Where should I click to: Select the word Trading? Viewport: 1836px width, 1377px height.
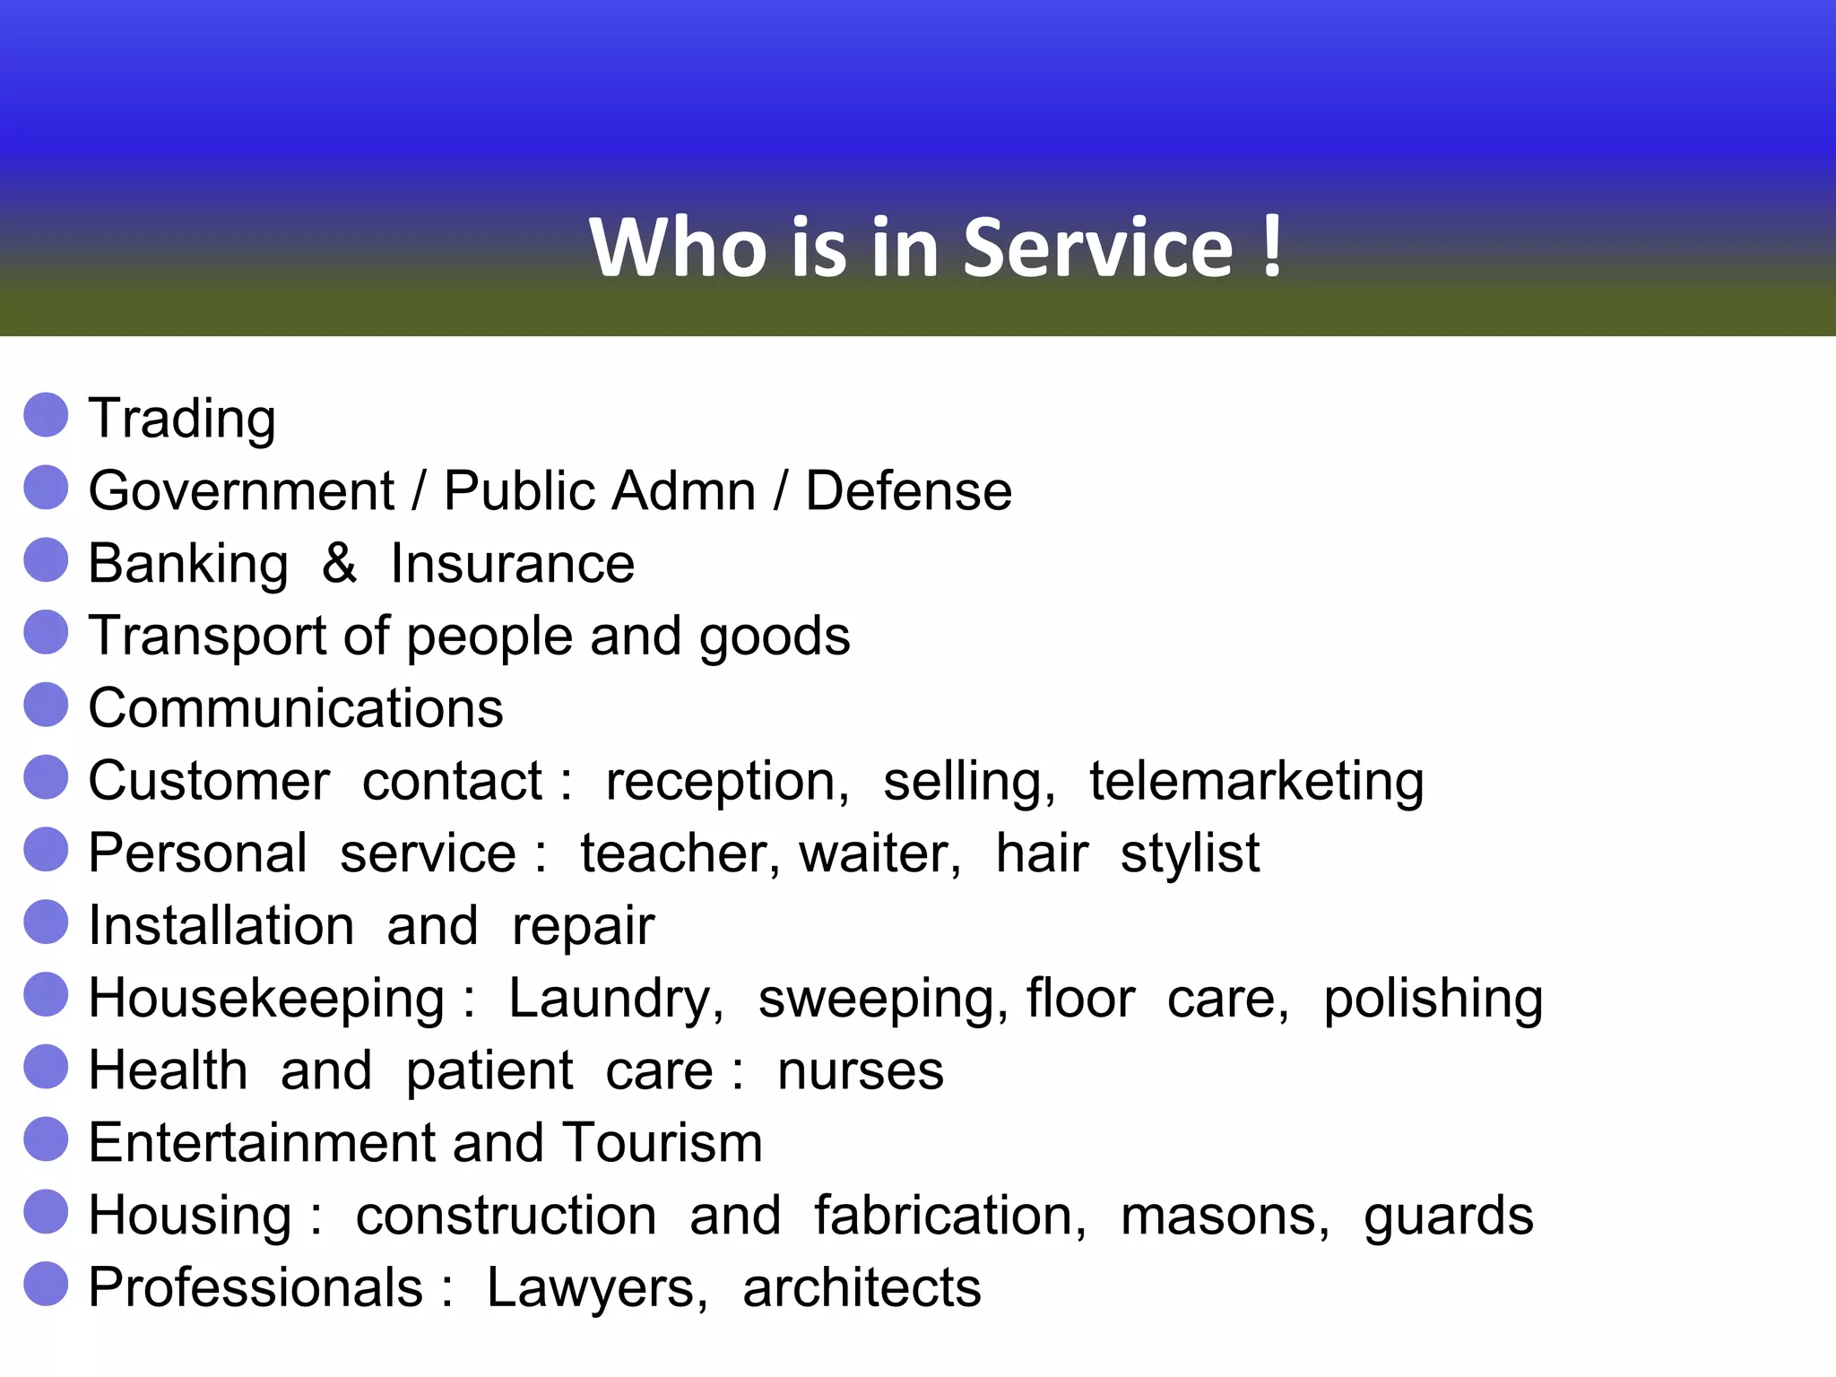point(182,419)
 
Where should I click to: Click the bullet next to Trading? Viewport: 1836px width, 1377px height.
point(47,415)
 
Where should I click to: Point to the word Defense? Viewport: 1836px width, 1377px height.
point(908,491)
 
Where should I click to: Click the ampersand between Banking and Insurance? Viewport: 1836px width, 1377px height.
point(339,564)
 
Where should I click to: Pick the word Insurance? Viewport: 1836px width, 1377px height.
point(512,564)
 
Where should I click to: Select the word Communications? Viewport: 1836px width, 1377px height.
point(296,708)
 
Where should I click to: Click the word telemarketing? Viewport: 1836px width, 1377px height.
point(1256,782)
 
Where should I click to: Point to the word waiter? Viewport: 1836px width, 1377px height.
point(879,853)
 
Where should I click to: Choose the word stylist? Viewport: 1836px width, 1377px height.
point(1190,853)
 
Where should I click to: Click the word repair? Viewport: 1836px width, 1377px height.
point(583,927)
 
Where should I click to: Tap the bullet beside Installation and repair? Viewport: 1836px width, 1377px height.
point(47,922)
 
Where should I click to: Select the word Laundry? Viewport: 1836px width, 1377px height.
point(615,1000)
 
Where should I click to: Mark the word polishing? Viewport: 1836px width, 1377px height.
point(1433,1000)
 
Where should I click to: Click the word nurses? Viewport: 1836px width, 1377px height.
point(860,1071)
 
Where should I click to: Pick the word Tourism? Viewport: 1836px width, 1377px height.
point(663,1143)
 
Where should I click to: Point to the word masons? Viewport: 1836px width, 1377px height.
point(1225,1217)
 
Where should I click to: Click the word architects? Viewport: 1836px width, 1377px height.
point(862,1288)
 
